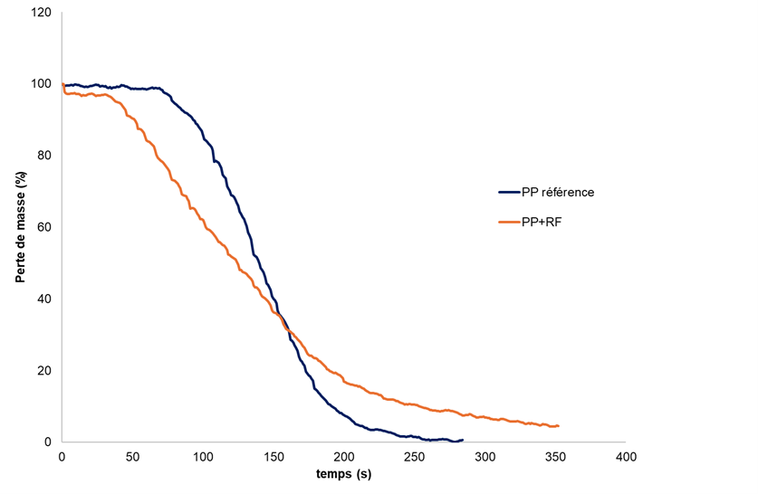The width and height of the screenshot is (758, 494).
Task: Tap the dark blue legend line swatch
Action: tap(508, 192)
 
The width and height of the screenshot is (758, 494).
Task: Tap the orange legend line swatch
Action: tap(508, 220)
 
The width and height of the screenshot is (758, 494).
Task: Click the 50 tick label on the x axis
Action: tap(132, 458)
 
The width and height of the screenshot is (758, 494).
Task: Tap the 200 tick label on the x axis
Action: tap(343, 458)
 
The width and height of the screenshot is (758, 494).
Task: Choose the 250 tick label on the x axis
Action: tap(414, 458)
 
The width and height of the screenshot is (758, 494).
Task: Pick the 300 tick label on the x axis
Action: tap(485, 458)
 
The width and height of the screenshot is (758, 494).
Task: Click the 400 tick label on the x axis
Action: tap(625, 458)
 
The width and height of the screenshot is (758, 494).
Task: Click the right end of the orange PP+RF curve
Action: tap(558, 425)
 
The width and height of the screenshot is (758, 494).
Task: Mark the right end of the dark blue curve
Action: tap(462, 440)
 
